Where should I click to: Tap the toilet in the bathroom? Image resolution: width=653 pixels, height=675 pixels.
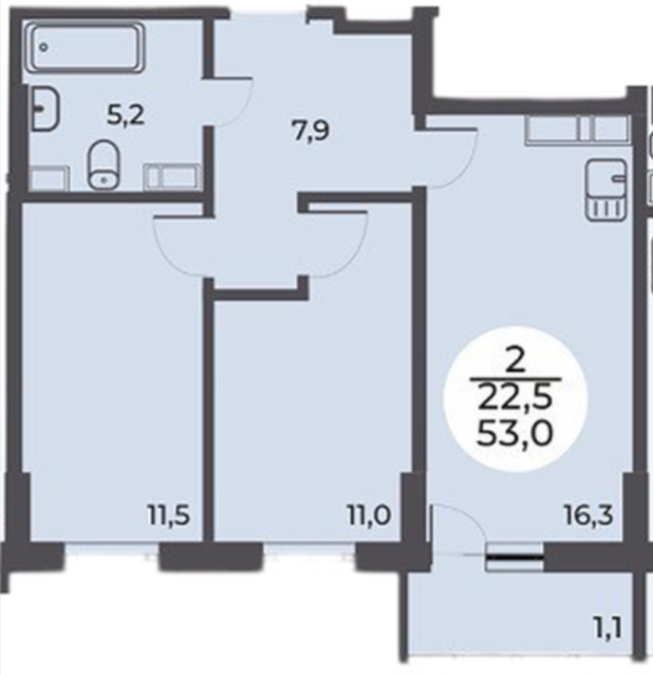[x=103, y=164]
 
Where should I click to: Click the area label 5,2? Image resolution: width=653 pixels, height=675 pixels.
[x=125, y=116]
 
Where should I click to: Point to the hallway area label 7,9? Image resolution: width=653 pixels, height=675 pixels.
[x=311, y=131]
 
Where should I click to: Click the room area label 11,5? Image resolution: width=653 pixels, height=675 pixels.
[x=168, y=516]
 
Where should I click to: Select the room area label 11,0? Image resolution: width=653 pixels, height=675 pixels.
[x=369, y=516]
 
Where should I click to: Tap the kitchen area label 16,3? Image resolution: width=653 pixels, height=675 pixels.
[x=588, y=516]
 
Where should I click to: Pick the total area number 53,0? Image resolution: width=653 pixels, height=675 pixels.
[x=514, y=434]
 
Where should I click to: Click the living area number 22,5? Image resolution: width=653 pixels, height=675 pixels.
[x=514, y=398]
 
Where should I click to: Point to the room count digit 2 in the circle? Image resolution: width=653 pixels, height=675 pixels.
[x=515, y=361]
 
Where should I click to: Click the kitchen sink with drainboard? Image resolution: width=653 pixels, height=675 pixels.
[x=606, y=190]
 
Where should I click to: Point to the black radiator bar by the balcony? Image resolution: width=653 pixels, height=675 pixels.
[x=514, y=557]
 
